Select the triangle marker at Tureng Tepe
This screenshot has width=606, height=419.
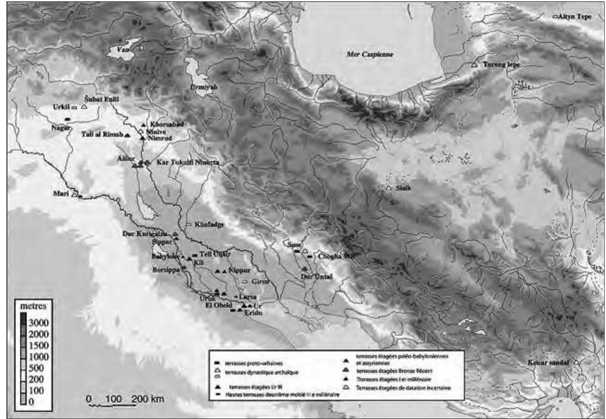[474, 65]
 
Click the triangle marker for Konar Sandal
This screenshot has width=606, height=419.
[576, 362]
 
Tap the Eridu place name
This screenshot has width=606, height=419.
[248, 313]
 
